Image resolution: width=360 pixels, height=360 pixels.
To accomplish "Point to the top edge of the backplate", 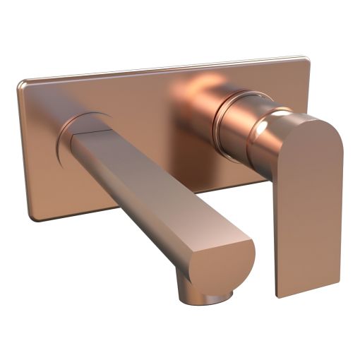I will pos(162,70).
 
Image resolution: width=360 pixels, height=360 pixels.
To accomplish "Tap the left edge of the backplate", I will pos(23,148).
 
